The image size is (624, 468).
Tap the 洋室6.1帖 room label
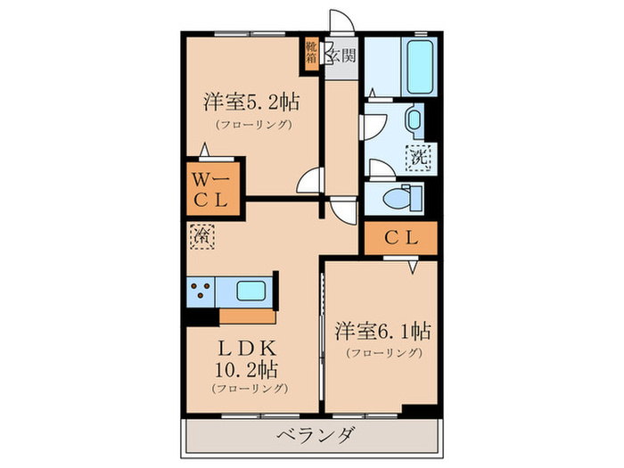[x=383, y=332]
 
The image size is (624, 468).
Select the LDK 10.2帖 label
[x=249, y=357]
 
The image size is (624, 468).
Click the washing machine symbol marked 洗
[x=418, y=158]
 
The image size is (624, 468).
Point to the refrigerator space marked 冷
[x=201, y=237]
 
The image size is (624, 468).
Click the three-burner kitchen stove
[x=201, y=291]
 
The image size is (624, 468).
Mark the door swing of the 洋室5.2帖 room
[x=309, y=182]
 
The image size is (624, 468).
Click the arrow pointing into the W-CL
[x=206, y=152]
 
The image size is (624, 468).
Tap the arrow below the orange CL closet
[x=413, y=266]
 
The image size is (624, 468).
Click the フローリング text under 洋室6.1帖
[x=383, y=353]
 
